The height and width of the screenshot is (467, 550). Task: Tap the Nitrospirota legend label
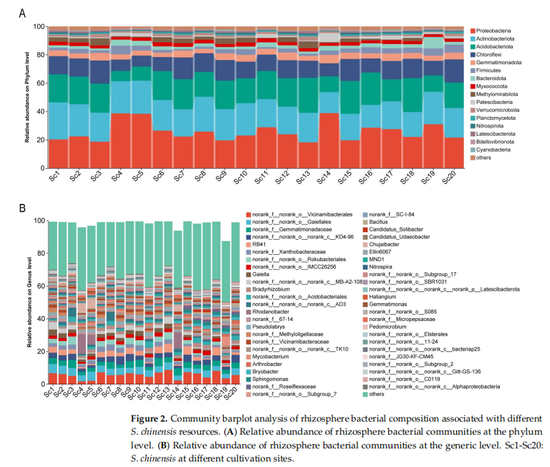pyautogui.click(x=489, y=126)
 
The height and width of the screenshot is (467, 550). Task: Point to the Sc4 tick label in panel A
pyautogui.click(x=117, y=176)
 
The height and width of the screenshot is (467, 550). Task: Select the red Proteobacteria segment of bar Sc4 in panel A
pyautogui.click(x=120, y=141)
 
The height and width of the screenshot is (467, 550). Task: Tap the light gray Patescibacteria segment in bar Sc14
pyautogui.click(x=329, y=37)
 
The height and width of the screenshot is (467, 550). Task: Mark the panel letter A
pyautogui.click(x=22, y=13)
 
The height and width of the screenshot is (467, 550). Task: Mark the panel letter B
pyautogui.click(x=22, y=208)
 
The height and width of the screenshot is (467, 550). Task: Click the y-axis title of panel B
pyautogui.click(x=30, y=302)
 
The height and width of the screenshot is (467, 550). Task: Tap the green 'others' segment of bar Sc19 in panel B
pyautogui.click(x=226, y=271)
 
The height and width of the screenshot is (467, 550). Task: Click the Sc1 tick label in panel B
pyautogui.click(x=50, y=391)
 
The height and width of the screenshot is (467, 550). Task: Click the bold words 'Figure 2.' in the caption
pyautogui.click(x=149, y=419)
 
